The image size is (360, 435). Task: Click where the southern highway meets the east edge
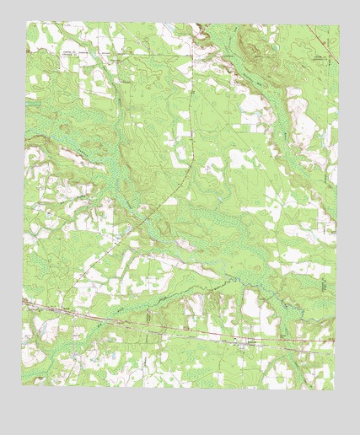(335, 345)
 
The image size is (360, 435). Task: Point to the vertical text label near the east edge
(325, 287)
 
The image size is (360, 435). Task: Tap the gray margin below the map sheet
(180, 413)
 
